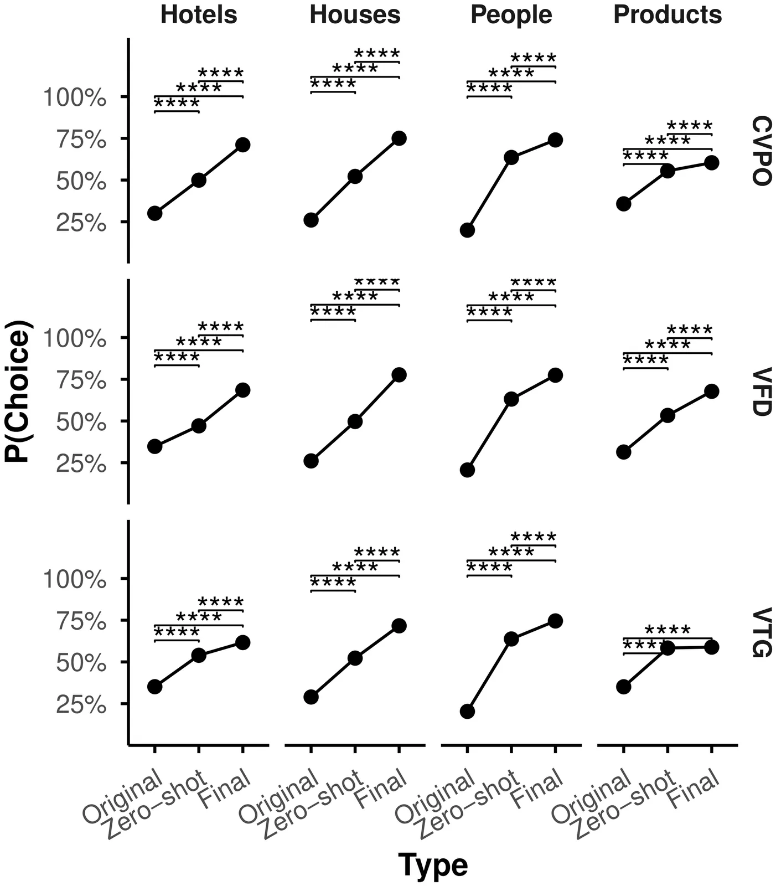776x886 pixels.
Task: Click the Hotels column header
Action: point(199,15)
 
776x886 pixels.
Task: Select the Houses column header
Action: point(355,15)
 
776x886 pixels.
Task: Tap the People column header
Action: point(511,15)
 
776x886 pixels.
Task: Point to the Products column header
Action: point(668,15)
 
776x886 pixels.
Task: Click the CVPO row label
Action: point(762,151)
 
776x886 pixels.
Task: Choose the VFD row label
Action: point(762,392)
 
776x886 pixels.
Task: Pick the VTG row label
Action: point(762,632)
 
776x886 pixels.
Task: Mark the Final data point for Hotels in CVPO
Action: point(242,145)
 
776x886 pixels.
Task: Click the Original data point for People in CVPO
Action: point(467,230)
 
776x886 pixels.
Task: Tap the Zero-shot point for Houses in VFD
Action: point(355,421)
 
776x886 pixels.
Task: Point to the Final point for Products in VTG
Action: point(711,647)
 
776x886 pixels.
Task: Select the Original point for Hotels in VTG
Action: point(155,687)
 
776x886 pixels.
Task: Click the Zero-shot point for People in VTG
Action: point(511,639)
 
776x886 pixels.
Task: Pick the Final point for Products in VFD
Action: point(711,391)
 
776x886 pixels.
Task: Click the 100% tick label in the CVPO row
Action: point(74,98)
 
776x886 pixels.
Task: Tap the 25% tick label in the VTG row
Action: point(80,705)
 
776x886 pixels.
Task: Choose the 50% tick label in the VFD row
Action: point(80,423)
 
